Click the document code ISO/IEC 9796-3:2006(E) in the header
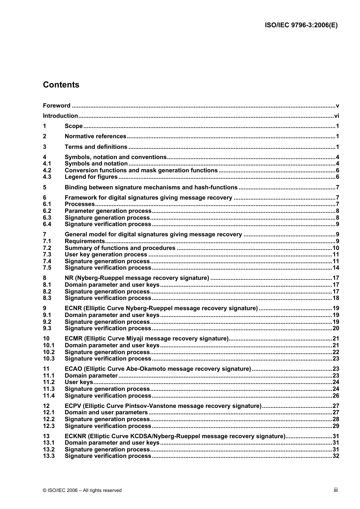tap(301, 25)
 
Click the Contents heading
tap(61, 85)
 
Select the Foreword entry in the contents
tap(56, 106)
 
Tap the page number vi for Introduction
tap(336, 116)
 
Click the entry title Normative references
tap(95, 136)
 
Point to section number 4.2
tap(47, 170)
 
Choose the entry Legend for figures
tap(91, 177)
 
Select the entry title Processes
tap(80, 204)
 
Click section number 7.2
tap(47, 248)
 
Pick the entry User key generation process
tap(106, 254)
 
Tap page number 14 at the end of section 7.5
tap(335, 268)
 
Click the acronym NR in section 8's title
tap(69, 278)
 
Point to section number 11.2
tap(49, 382)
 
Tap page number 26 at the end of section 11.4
tap(335, 396)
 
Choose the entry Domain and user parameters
tap(106, 412)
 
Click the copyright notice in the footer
tap(82, 490)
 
